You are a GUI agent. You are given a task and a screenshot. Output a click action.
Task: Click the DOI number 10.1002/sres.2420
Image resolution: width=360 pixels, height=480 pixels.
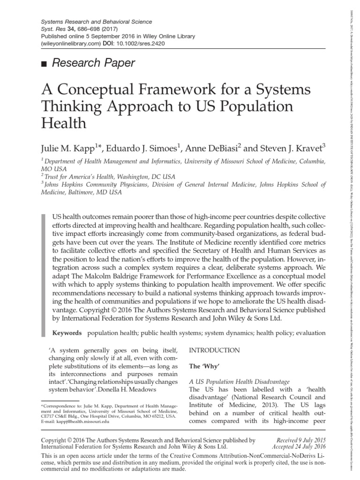[140, 44]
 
